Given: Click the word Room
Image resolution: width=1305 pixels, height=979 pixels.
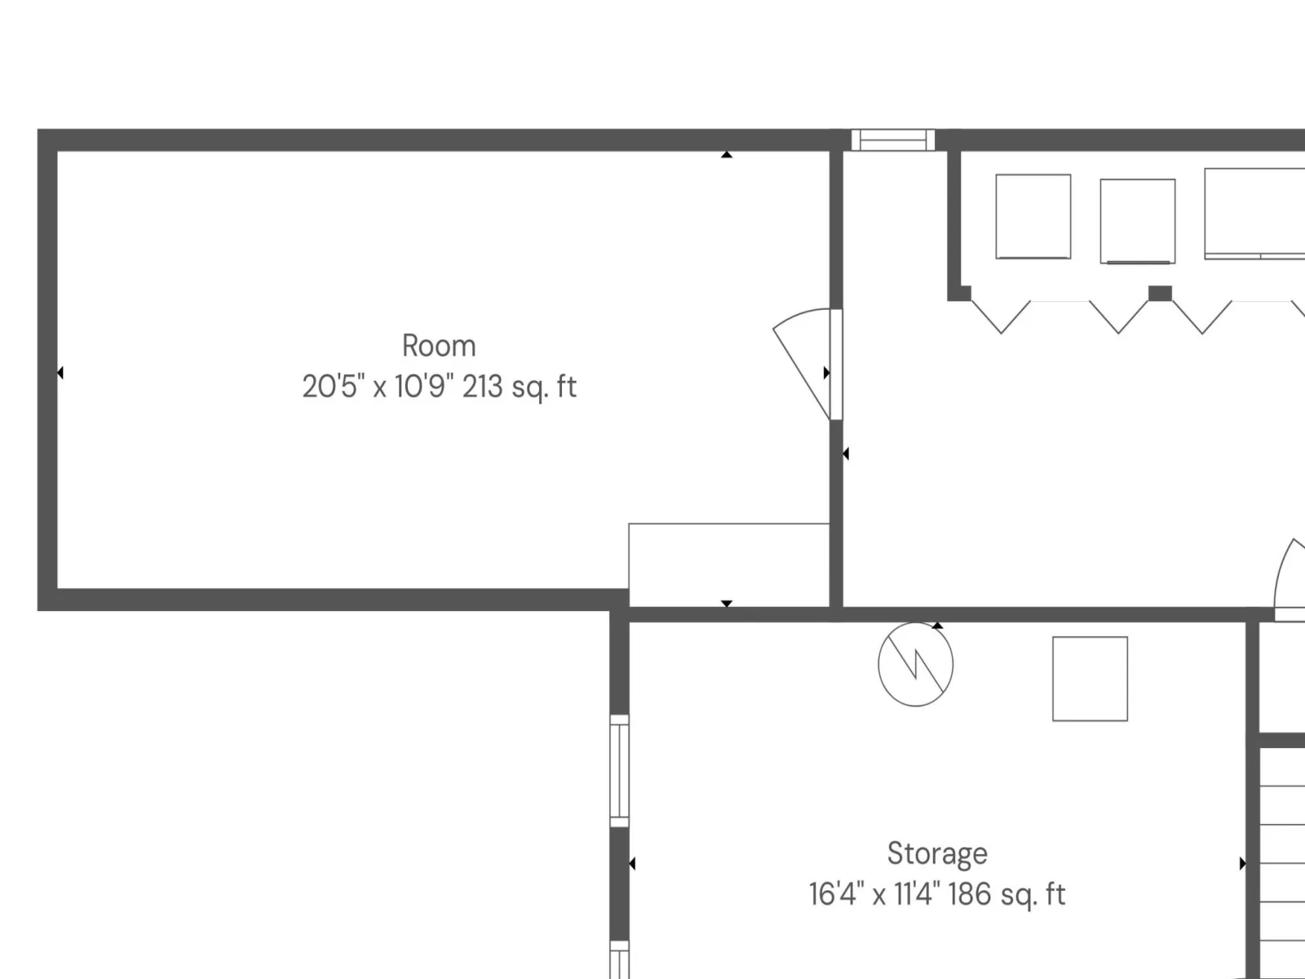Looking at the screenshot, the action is point(439,346).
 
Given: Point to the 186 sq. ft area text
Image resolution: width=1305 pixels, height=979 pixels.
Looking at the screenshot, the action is point(1006,895).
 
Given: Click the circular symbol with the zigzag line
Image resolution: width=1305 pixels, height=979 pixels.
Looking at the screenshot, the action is point(916,664).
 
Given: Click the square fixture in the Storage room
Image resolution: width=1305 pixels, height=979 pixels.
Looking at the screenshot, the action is point(1090,679).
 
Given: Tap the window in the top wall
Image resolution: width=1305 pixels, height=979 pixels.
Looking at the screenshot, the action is point(893,140).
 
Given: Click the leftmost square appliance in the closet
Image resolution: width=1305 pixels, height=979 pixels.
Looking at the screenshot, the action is point(1033,216).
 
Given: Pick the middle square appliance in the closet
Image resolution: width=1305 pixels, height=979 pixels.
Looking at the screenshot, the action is point(1137,221).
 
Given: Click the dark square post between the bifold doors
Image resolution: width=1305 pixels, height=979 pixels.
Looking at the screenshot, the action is point(1160,293).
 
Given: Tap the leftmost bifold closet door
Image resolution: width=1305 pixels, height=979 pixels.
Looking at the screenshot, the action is point(1002,317).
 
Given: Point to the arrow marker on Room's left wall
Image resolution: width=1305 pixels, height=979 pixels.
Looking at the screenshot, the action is point(60,373).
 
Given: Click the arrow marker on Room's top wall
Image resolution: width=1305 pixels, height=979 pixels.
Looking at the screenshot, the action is point(727,154).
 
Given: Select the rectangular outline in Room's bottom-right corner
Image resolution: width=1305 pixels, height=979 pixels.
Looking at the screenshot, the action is point(729,565).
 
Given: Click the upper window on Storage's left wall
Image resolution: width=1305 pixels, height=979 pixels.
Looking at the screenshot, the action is point(620,770).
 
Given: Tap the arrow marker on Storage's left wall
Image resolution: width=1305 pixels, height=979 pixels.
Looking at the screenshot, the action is point(632,863).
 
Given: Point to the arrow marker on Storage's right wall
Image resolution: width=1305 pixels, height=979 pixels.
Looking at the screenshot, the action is point(1242,863).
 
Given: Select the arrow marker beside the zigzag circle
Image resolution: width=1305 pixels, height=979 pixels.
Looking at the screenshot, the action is point(938,625).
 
